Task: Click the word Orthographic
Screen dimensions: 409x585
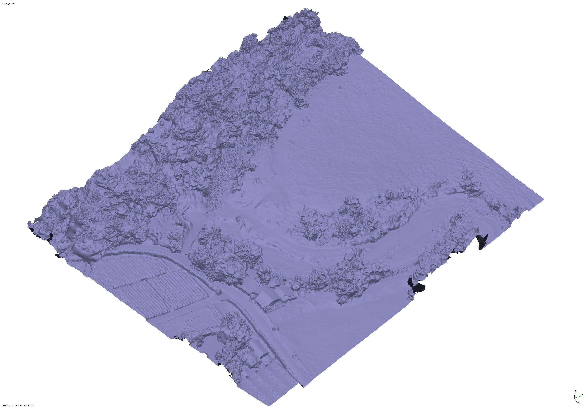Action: (x=8, y=4)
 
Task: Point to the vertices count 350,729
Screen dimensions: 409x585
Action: (x=30, y=405)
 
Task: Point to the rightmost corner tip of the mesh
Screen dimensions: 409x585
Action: (x=544, y=199)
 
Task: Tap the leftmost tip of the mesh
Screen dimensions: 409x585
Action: (x=28, y=224)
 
